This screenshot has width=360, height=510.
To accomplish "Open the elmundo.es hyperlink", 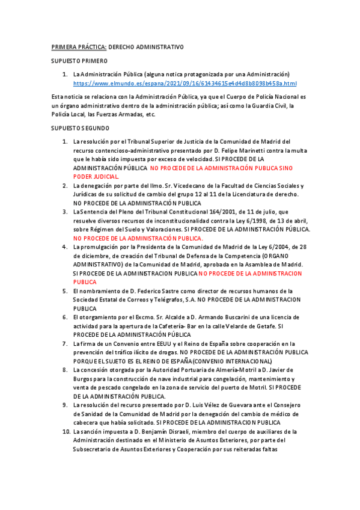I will click(x=185, y=83).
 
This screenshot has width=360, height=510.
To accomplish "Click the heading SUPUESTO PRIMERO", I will click(x=79, y=61).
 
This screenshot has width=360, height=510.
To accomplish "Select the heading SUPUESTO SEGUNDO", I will click(x=81, y=128).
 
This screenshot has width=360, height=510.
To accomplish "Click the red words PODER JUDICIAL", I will click(x=96, y=177).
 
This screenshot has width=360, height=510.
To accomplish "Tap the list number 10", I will click(x=66, y=432).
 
